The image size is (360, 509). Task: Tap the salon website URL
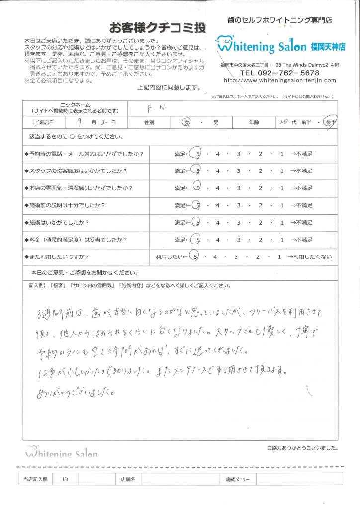tap(280, 80)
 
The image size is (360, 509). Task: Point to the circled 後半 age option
tap(328, 122)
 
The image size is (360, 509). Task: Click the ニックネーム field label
tap(75, 105)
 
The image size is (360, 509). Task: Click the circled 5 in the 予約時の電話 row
tap(198, 154)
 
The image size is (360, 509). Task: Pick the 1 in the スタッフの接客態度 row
tap(282, 171)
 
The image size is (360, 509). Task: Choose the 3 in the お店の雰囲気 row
tap(239, 188)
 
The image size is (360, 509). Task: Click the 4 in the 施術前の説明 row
tap(218, 205)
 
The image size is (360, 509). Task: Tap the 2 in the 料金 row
tap(261, 240)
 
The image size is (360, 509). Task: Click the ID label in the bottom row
tap(65, 480)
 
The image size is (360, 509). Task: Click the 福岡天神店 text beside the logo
tap(328, 47)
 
